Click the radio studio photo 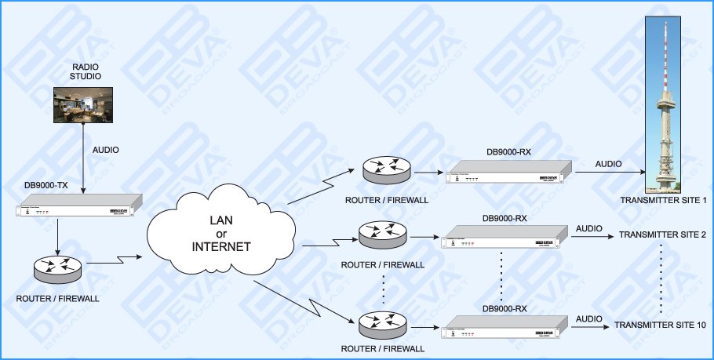[x=82, y=104]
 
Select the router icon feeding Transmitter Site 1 [x=386, y=169]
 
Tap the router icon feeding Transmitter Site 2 [x=381, y=234]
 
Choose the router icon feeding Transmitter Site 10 [x=381, y=323]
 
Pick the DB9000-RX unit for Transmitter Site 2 [x=504, y=237]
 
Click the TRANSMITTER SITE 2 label [x=663, y=235]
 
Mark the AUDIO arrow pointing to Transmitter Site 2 [x=590, y=235]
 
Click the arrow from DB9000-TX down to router [x=57, y=235]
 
